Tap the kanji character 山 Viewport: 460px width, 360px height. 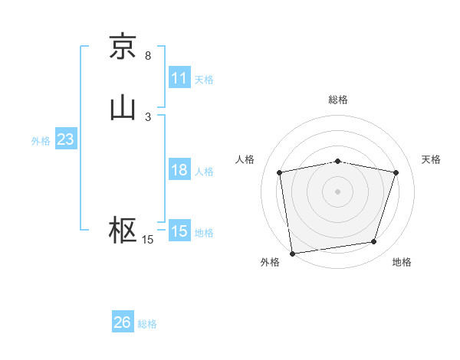(123, 108)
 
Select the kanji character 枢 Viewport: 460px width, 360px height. (123, 230)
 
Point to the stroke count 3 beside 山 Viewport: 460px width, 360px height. (148, 117)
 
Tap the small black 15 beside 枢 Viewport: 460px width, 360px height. (148, 240)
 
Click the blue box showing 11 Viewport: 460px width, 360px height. (179, 78)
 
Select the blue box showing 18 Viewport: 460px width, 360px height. (179, 170)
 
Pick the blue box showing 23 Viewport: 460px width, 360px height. (65, 140)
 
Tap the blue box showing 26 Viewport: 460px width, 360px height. (123, 322)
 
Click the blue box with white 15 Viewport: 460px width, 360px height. (179, 231)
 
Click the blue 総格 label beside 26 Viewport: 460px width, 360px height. (147, 324)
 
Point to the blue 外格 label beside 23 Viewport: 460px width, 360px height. (41, 141)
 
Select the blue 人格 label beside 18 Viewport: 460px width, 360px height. (204, 172)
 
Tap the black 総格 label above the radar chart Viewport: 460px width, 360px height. (338, 100)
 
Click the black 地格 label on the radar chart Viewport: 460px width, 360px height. (402, 262)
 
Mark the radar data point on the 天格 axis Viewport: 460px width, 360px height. (396, 172)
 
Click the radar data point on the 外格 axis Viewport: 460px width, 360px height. (292, 252)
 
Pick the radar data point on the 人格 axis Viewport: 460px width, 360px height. (280, 172)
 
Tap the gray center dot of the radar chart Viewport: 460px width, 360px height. (338, 191)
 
